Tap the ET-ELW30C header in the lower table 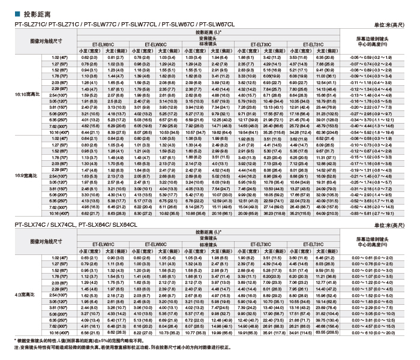tap(155, 262)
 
